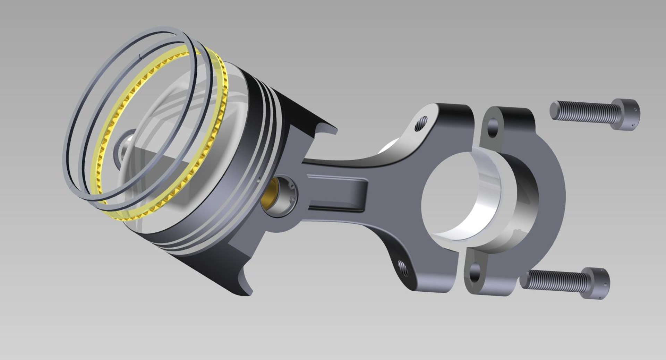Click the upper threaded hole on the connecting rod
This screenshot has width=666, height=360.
click(x=421, y=124)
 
